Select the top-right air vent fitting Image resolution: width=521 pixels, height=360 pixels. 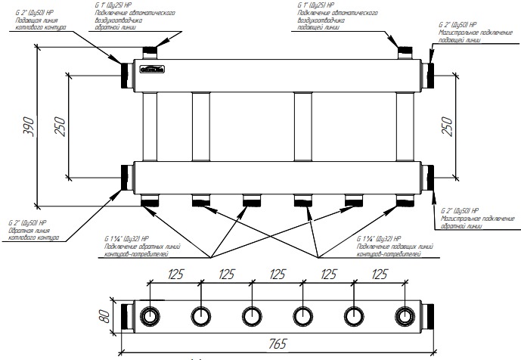pyautogui.click(x=405, y=51)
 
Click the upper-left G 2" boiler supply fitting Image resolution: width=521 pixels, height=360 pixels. pyautogui.click(x=126, y=71)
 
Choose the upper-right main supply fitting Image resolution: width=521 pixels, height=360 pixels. pyautogui.click(x=428, y=71)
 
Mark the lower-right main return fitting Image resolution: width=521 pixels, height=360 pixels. pyautogui.click(x=428, y=179)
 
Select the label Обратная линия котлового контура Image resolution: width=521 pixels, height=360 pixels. pyautogui.click(x=35, y=234)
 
